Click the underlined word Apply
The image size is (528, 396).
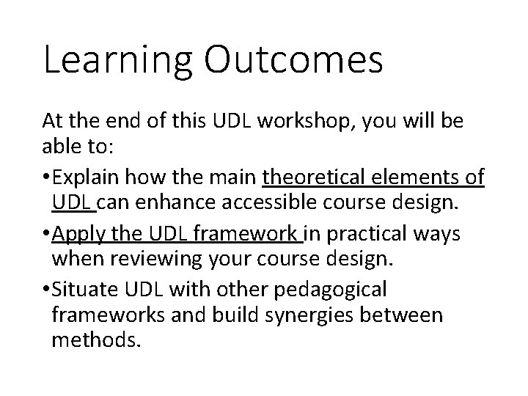(76, 234)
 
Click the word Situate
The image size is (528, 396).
(85, 290)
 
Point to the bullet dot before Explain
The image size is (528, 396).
(47, 178)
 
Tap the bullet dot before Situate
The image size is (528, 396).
(47, 290)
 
